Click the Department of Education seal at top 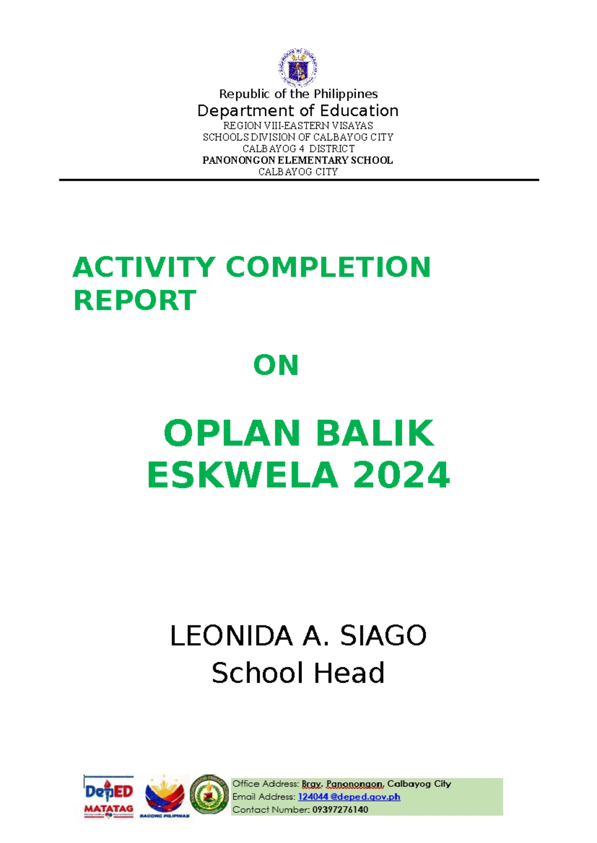click(x=298, y=68)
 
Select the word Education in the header click(x=359, y=111)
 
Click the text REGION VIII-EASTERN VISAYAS click(x=298, y=125)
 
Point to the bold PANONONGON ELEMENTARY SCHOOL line click(x=298, y=160)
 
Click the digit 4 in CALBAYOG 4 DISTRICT click(x=301, y=149)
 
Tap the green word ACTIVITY click(x=144, y=267)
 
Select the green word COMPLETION click(x=328, y=267)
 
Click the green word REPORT click(x=135, y=300)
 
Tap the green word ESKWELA click(x=243, y=475)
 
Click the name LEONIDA click(x=231, y=635)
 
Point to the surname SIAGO click(x=383, y=635)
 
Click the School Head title click(x=298, y=673)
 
